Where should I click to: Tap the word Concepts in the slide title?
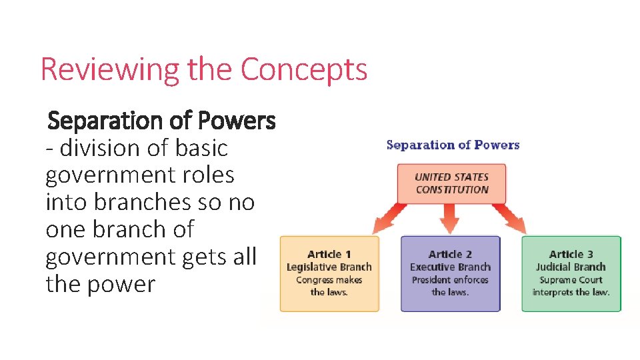click(x=303, y=69)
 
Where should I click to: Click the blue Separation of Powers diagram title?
click(x=453, y=145)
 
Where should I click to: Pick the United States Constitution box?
click(x=451, y=183)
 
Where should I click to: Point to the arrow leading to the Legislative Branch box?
click(x=393, y=217)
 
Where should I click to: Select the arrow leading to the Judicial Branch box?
click(x=511, y=217)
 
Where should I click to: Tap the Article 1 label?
click(x=329, y=254)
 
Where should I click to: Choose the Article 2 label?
click(x=450, y=254)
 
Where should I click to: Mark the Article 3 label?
click(x=571, y=254)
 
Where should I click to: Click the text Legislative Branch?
click(x=329, y=267)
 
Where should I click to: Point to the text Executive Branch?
click(x=450, y=267)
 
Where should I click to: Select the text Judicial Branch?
click(x=571, y=267)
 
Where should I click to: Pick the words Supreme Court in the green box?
click(x=571, y=280)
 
